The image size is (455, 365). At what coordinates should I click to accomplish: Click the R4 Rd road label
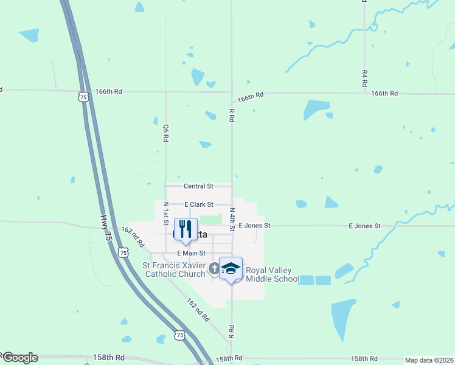(x=364, y=79)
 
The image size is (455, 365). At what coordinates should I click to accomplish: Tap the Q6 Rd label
(x=165, y=133)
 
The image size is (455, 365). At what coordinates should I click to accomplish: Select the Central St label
(x=199, y=186)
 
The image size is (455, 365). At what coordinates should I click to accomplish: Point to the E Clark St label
(x=199, y=204)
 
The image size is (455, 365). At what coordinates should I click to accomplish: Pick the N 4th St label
(x=232, y=218)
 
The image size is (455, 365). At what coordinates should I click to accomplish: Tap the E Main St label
(x=192, y=252)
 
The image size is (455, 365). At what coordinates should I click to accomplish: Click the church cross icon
(x=214, y=268)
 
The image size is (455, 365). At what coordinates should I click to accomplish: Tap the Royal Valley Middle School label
(x=273, y=274)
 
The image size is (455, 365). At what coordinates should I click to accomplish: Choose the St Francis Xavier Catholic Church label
(x=174, y=269)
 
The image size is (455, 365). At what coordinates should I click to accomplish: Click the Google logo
(x=20, y=358)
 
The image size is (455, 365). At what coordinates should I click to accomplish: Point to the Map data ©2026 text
(x=429, y=360)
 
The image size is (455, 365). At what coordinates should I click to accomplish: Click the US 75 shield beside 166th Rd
(x=83, y=96)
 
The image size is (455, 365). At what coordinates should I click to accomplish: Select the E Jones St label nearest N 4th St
(x=254, y=225)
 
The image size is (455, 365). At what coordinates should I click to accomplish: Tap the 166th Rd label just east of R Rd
(x=251, y=97)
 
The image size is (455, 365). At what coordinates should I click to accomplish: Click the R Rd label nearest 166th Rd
(x=232, y=116)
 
